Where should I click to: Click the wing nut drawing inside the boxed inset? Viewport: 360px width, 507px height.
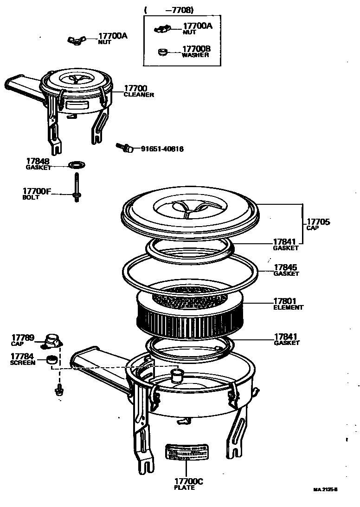click(162, 29)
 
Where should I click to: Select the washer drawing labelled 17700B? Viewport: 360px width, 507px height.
click(162, 51)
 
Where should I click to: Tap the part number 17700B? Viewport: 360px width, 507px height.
click(197, 48)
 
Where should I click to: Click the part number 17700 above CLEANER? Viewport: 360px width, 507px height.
click(135, 88)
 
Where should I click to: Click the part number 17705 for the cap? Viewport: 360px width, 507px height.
click(318, 222)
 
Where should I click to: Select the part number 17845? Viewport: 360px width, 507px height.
click(285, 267)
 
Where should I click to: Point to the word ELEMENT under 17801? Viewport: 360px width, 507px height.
click(288, 307)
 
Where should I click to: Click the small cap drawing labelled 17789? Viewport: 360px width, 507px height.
click(52, 341)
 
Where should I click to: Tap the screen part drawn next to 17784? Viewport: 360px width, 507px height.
click(53, 360)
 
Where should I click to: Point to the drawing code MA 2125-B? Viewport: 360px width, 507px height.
click(325, 489)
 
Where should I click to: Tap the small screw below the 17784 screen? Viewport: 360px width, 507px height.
click(58, 390)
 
